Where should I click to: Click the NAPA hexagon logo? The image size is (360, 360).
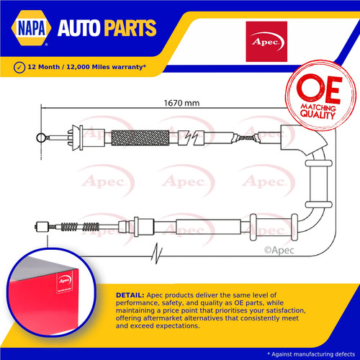coord(31,27)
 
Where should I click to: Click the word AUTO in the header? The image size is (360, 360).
coord(78,28)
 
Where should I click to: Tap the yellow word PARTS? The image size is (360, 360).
coord(130,28)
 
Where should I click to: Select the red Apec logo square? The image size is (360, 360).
coord(266,42)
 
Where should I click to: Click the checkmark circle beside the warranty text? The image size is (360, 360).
coord(19,68)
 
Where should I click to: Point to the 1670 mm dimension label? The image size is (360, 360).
coord(181,103)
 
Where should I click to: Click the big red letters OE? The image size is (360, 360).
coord(319,88)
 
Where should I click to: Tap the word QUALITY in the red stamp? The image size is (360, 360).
coord(318,114)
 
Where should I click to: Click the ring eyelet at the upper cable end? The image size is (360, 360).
coord(41,138)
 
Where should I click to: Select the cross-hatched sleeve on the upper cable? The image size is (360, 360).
coord(140,138)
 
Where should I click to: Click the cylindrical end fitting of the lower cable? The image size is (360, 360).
coord(42,227)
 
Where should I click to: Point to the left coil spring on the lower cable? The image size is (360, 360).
coord(69,227)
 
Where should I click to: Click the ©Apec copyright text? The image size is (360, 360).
coord(279,251)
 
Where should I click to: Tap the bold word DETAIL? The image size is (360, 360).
coord(130,295)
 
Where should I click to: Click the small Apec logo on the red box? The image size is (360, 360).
coord(65,280)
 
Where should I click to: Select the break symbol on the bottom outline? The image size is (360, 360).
coord(157,253)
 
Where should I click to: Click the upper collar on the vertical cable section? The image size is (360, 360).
coord(319,163)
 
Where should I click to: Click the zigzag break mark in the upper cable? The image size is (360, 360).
coord(192,138)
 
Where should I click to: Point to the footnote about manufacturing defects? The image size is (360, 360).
coord(311,354)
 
